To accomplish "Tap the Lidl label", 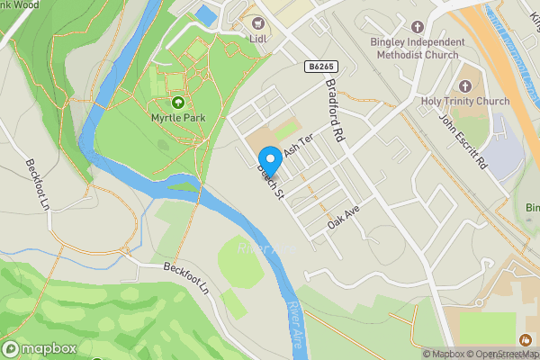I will point(259,38).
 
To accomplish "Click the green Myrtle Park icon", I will point(177,103).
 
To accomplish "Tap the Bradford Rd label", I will point(335,112).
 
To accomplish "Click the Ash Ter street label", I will point(297,143).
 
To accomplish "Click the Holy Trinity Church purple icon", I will point(465,85).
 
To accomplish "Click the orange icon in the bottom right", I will point(525,338).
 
